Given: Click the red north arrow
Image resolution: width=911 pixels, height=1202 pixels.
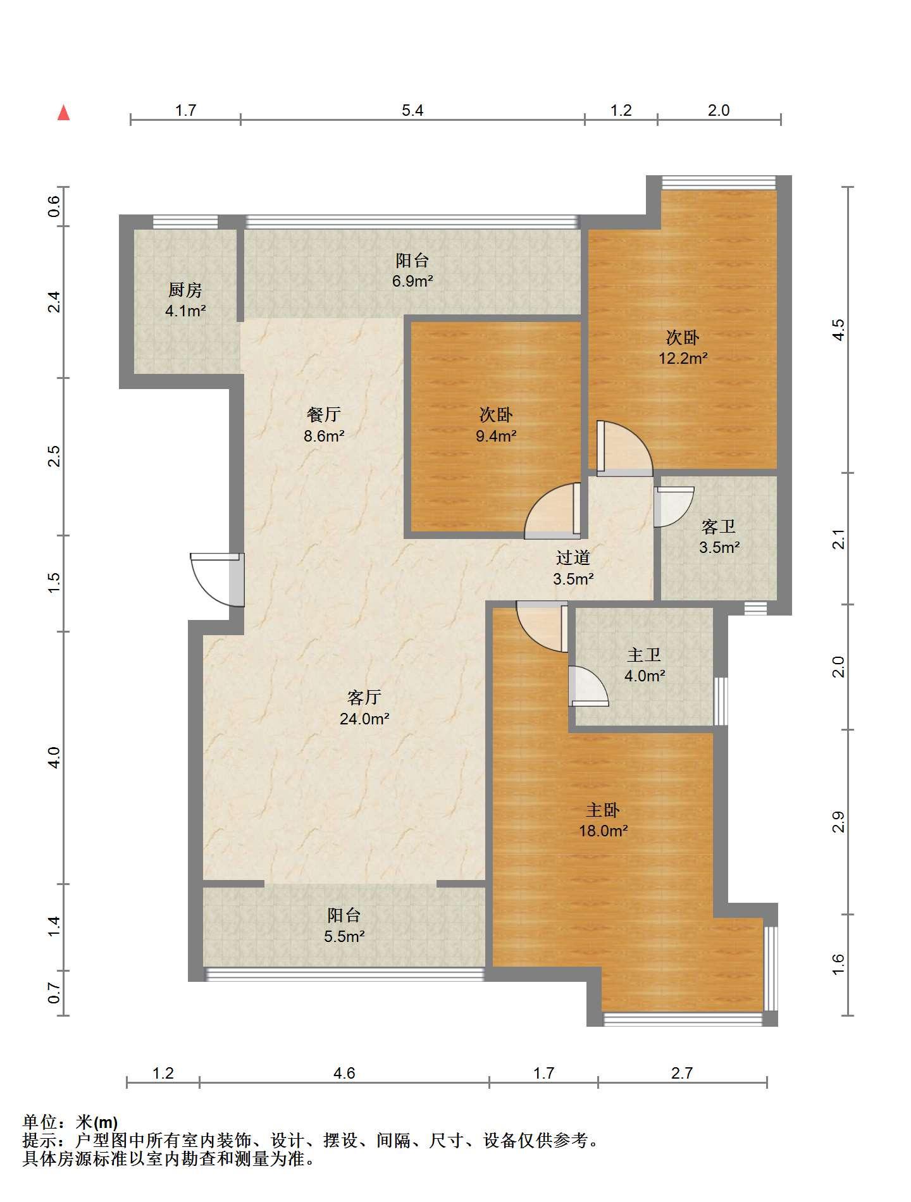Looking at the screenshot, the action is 63,113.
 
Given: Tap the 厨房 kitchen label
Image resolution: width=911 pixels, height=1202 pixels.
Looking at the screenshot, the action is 185,290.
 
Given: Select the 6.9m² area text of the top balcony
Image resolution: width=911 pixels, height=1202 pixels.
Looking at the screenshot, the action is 412,281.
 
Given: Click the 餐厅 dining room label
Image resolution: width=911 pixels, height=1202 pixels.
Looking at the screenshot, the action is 324,414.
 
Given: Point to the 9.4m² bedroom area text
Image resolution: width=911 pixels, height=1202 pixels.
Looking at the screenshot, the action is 496,435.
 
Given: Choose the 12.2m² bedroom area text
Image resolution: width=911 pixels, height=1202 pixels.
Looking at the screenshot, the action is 683,358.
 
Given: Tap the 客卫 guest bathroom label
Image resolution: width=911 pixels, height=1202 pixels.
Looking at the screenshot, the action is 719,526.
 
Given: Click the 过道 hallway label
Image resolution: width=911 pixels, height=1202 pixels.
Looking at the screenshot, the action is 573,557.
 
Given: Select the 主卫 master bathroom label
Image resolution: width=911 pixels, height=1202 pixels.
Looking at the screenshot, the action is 644,655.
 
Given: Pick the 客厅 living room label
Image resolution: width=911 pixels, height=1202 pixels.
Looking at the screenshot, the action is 364,697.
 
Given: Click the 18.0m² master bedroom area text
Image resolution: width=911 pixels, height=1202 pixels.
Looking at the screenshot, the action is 604,831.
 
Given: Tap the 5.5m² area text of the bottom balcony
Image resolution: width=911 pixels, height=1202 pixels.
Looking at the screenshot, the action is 344,936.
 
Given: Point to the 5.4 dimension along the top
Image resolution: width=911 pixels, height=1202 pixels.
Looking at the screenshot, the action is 412,110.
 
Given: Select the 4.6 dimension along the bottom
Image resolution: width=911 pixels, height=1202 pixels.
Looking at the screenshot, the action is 344,1073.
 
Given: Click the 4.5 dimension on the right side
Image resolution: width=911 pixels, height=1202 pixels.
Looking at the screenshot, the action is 838,330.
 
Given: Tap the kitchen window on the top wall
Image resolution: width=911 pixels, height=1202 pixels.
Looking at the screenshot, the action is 185,221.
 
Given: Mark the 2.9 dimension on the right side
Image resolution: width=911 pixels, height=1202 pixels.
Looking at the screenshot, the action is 838,822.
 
